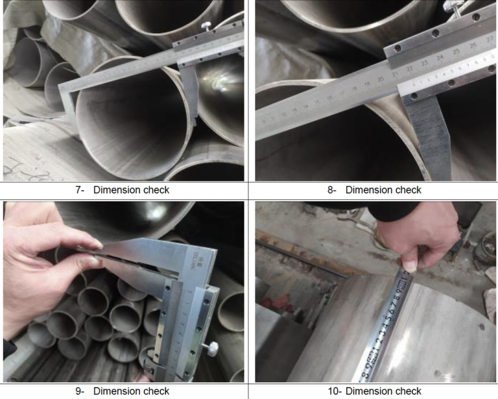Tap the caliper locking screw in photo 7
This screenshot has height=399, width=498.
coord(206,25)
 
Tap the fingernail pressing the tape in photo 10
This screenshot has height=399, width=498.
coord(410,265)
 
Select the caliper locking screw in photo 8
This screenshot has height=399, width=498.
coord(447,8)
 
